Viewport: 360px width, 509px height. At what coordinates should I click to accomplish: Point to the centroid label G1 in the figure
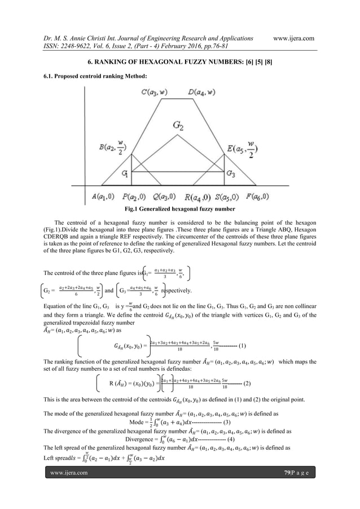[119, 174]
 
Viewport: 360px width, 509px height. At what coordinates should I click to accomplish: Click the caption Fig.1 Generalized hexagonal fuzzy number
[180, 209]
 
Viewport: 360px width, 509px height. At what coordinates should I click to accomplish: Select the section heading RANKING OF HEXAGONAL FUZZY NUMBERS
[180, 60]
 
